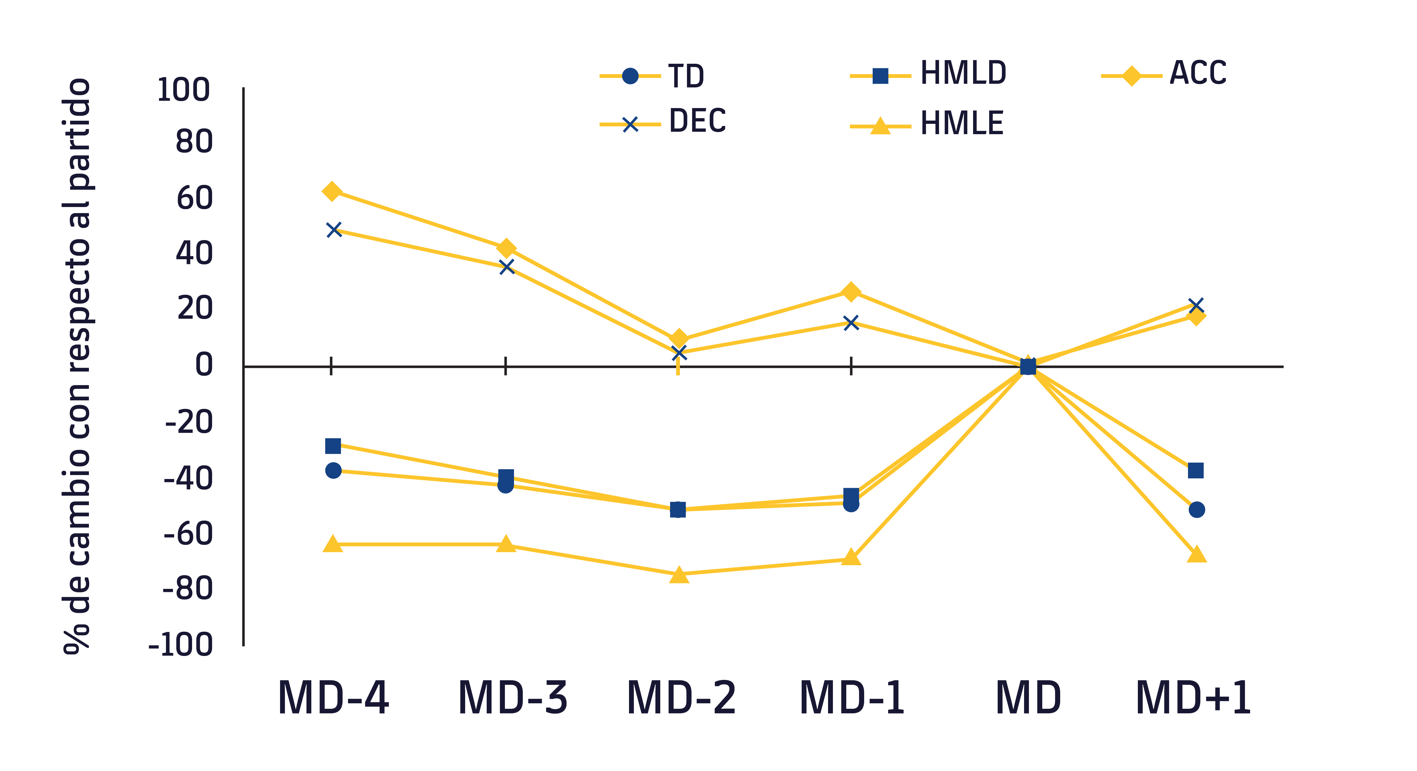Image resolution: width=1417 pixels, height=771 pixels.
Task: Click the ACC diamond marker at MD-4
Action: pos(332,192)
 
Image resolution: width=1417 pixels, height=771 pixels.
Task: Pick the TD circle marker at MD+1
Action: pos(1196,510)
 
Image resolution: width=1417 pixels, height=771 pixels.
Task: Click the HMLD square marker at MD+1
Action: pos(1195,470)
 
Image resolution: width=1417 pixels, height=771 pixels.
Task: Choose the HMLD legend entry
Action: pos(963,73)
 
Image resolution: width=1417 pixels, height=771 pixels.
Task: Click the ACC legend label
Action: pos(1198,73)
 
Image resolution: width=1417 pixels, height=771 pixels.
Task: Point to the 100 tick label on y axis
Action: pos(183,90)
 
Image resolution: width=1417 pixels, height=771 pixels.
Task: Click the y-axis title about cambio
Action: pos(77,366)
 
